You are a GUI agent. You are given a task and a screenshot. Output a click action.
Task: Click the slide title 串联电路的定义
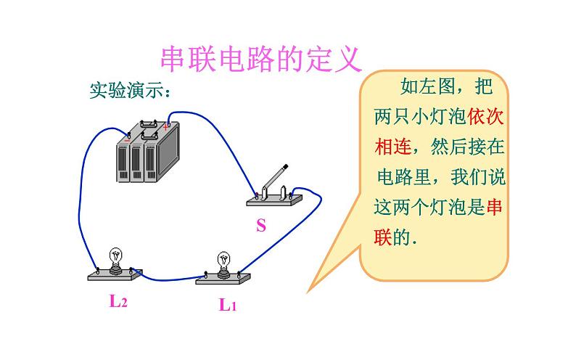(x=260, y=60)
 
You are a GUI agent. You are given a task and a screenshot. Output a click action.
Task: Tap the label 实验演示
(x=130, y=91)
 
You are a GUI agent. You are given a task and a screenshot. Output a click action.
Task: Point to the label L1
(x=228, y=305)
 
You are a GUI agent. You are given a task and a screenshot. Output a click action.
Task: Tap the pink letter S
(x=260, y=226)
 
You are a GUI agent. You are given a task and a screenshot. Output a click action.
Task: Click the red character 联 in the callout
(x=382, y=237)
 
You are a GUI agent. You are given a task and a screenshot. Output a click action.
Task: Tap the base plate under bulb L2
(x=113, y=274)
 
